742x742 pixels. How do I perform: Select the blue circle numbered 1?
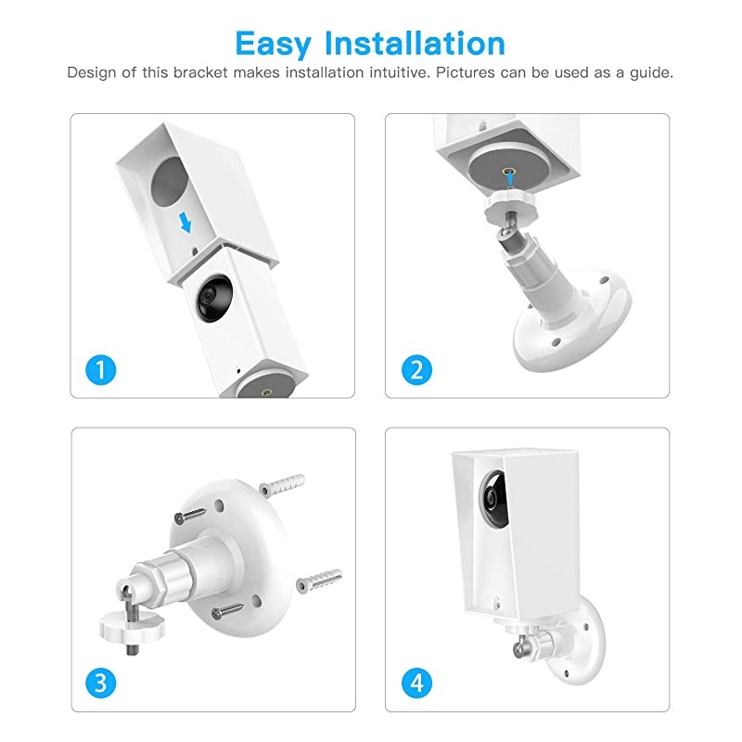pos(105,370)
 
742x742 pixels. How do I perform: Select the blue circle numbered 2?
pos(417,370)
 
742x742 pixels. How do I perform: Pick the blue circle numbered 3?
pos(105,684)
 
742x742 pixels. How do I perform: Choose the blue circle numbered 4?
pos(417,684)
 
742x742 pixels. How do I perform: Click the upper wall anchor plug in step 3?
pos(280,484)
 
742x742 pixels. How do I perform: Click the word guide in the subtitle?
pos(651,72)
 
